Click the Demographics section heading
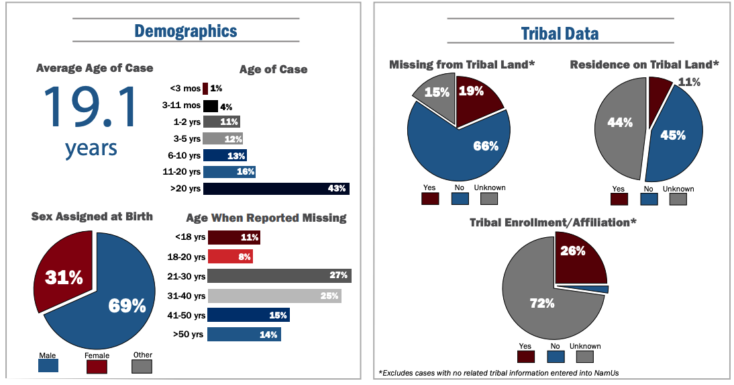(185, 31)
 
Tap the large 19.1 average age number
(90, 108)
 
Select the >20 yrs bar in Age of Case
(276, 189)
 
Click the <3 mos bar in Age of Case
(205, 88)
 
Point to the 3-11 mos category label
(181, 105)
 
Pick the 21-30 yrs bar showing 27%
(278, 275)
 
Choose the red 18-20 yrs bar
(229, 257)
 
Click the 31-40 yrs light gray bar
(274, 296)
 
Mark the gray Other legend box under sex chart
(142, 366)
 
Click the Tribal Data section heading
(560, 34)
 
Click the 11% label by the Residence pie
(689, 83)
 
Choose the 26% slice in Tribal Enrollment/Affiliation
(577, 259)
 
